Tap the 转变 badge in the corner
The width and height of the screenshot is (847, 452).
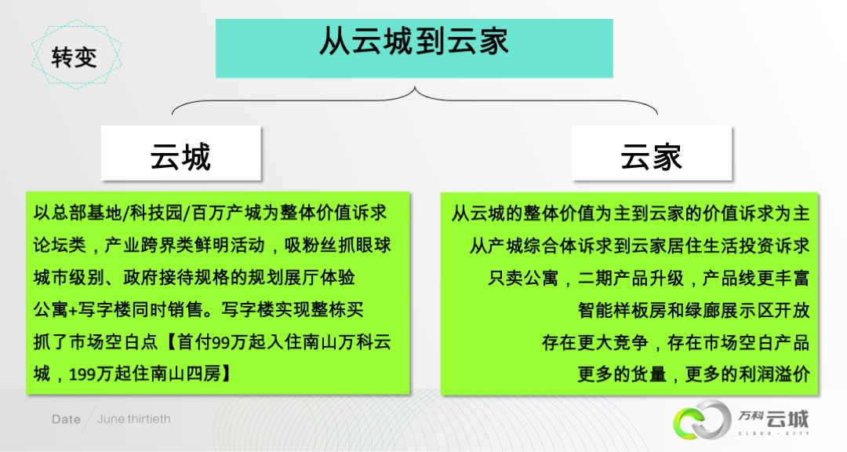pos(75,56)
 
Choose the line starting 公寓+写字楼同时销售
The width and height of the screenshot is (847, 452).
pos(198,310)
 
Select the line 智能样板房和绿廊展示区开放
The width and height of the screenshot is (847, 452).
pos(694,310)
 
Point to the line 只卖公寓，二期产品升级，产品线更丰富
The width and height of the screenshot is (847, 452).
pos(649,278)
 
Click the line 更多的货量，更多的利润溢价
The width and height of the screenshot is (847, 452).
pos(694,374)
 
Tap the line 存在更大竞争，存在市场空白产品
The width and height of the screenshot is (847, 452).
pos(675,342)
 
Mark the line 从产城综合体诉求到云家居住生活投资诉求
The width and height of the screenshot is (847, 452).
pos(639,246)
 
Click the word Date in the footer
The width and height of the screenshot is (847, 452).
pos(66,420)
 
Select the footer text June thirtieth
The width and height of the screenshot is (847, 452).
pos(133,420)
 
